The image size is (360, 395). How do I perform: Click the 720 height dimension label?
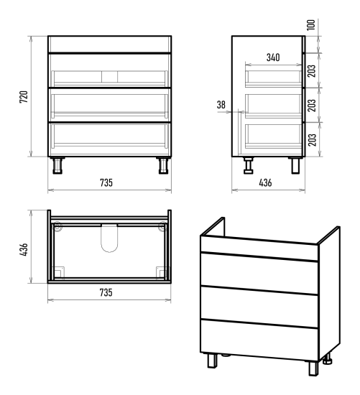[24, 97]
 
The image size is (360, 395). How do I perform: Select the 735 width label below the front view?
[106, 182]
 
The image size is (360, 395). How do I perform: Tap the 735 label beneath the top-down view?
[106, 292]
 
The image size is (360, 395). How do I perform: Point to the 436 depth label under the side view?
[265, 182]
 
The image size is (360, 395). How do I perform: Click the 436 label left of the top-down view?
[24, 250]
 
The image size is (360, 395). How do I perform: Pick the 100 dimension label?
[311, 24]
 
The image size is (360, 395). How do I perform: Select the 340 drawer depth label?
[273, 57]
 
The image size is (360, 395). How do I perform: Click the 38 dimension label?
[221, 105]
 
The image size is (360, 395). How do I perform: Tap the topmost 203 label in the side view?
[312, 71]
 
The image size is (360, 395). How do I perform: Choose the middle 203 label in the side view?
[312, 106]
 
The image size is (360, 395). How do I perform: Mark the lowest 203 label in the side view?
[312, 140]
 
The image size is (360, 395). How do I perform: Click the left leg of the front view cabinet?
[57, 165]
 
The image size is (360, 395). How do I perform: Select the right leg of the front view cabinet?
[163, 165]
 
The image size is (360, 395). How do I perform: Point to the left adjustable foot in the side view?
[249, 165]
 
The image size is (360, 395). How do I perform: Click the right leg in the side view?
[295, 165]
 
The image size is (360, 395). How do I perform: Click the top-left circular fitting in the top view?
[57, 226]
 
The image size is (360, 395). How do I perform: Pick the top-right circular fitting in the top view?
[162, 226]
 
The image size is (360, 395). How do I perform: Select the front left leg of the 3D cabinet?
[212, 361]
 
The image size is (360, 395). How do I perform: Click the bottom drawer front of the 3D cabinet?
[259, 340]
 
